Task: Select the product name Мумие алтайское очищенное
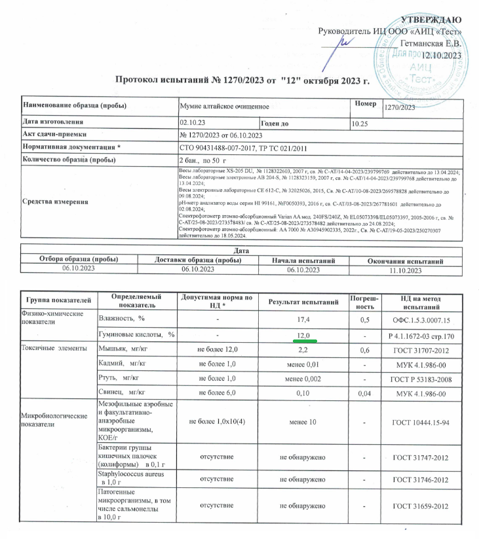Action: (x=224, y=106)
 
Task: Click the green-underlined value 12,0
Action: (x=303, y=335)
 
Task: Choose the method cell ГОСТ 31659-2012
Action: (x=419, y=506)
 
